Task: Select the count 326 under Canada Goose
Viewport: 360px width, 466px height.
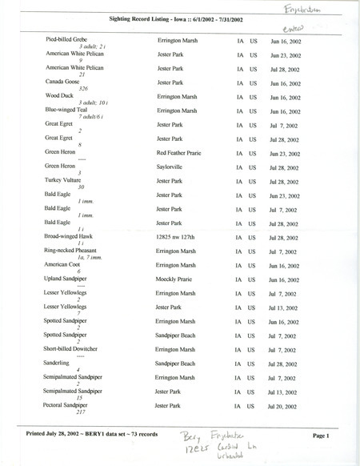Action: point(78,88)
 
